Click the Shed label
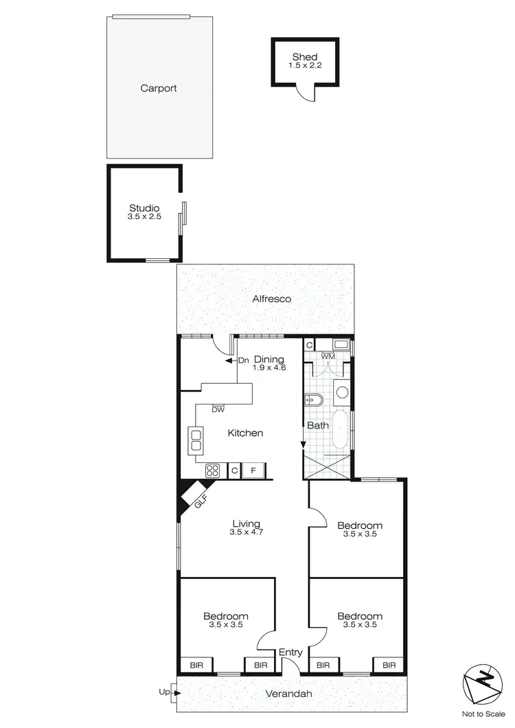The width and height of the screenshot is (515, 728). (305, 57)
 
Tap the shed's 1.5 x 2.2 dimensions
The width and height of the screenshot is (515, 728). (305, 66)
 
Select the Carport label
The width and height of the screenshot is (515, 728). (159, 88)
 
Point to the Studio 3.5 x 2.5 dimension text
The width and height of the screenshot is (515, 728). (144, 217)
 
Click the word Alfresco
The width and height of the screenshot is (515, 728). (272, 299)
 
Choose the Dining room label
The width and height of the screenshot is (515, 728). (269, 359)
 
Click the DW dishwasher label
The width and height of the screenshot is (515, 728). (218, 410)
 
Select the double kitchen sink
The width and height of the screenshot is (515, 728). (196, 440)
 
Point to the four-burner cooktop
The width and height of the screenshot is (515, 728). (213, 470)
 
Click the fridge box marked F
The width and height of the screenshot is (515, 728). (253, 470)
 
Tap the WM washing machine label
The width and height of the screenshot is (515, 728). (328, 356)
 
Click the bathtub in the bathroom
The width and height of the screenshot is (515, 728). (341, 431)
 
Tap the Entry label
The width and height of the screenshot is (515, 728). (290, 652)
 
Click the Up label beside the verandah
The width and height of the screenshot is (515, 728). (164, 692)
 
